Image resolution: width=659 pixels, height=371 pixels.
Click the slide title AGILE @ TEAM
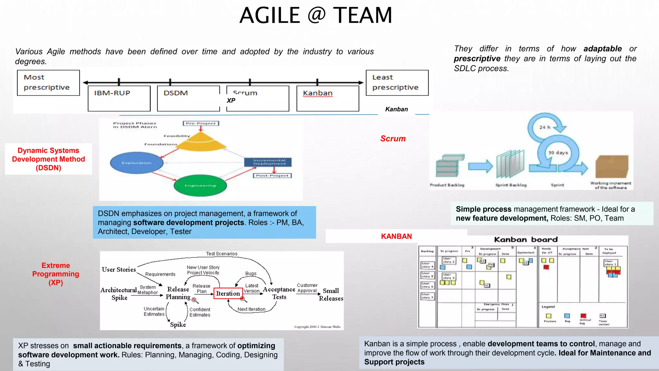click(x=316, y=15)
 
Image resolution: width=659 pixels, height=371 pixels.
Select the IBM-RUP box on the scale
click(x=119, y=98)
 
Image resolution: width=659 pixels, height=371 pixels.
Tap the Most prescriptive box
click(x=48, y=82)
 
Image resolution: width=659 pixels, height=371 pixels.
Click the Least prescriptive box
click(x=397, y=82)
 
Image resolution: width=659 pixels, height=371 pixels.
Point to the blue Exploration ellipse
click(x=137, y=163)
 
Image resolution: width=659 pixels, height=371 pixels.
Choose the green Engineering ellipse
click(x=200, y=185)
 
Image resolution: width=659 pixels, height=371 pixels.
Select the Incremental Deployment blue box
click(x=268, y=162)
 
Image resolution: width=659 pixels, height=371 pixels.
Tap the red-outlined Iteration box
click(x=228, y=293)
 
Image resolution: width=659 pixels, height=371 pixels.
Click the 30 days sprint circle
click(x=558, y=153)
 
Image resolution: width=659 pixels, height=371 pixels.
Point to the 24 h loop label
click(x=545, y=127)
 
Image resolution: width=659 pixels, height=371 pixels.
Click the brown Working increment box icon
click(x=611, y=166)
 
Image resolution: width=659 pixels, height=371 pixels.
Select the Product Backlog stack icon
click(x=449, y=166)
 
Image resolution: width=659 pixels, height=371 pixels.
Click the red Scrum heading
click(x=393, y=139)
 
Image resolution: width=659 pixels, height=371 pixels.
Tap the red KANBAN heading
click(x=396, y=236)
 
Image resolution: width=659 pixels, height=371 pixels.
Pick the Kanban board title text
click(x=526, y=240)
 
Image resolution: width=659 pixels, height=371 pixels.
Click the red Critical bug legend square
click(x=583, y=316)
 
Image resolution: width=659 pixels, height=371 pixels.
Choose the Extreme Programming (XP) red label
click(x=56, y=274)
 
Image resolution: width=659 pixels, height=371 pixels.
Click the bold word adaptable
click(x=602, y=49)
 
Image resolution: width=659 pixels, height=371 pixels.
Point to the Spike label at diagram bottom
click(x=178, y=324)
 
